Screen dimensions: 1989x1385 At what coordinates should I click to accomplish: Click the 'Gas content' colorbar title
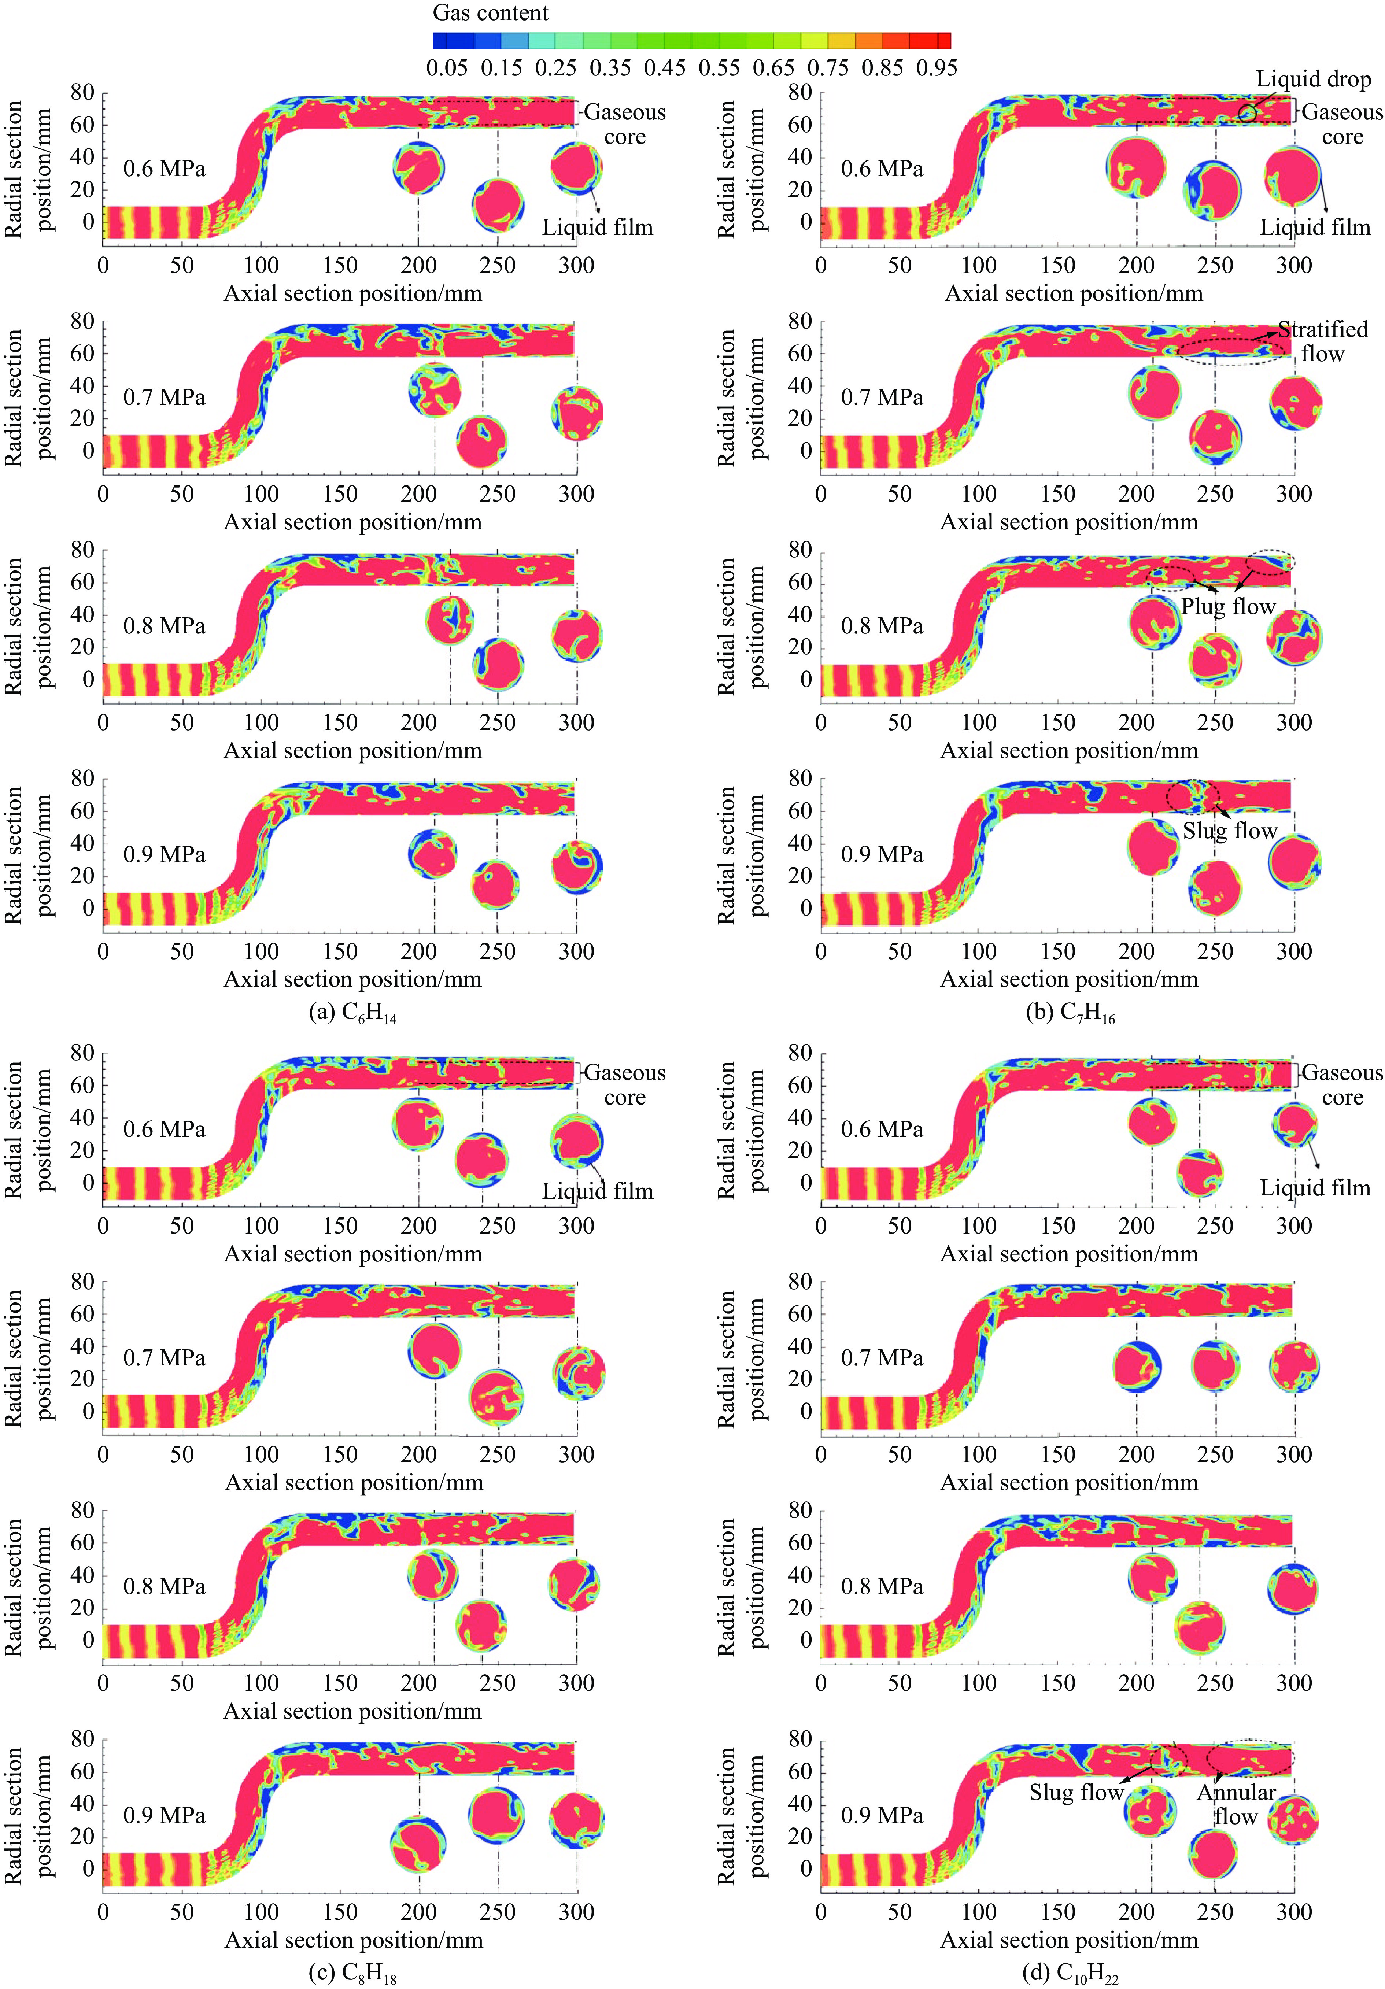pos(490,13)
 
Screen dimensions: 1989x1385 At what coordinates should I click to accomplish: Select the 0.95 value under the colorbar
pos(936,67)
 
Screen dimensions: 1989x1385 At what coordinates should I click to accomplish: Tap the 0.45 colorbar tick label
pos(665,67)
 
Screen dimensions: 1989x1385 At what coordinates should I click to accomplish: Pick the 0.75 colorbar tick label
pos(828,67)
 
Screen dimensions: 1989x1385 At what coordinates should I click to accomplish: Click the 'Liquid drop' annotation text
pos(1313,80)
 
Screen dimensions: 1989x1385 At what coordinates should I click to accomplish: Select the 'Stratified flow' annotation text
pos(1323,341)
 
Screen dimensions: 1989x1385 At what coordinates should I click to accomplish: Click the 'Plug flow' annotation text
pos(1228,606)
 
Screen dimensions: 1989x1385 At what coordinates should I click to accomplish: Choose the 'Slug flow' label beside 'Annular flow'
pos(1076,1792)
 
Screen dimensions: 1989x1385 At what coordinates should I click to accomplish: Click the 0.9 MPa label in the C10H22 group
pos(882,1815)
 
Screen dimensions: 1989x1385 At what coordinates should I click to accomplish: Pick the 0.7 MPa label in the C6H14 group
pos(164,398)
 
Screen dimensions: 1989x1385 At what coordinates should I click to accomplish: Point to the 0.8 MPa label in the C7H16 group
pos(882,626)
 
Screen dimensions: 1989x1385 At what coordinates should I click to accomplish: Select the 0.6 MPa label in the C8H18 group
pos(164,1130)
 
